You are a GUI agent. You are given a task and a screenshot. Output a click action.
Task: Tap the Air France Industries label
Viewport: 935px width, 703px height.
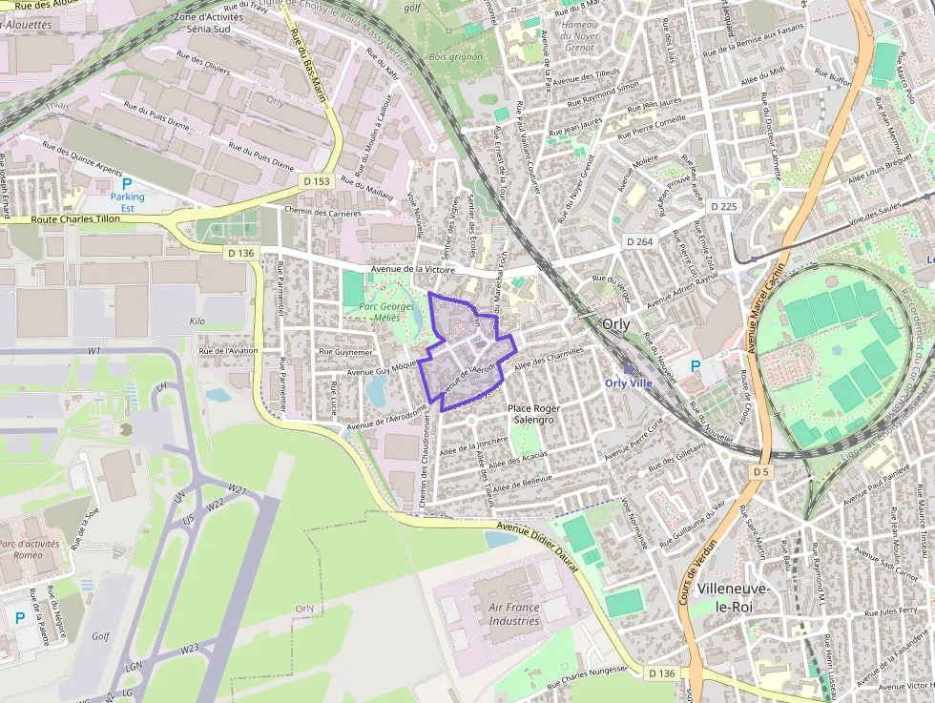(x=514, y=613)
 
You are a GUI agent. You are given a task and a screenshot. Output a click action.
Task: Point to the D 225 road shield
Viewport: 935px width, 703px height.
(x=724, y=206)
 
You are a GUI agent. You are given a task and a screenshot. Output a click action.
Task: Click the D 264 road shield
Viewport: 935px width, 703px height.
(x=639, y=241)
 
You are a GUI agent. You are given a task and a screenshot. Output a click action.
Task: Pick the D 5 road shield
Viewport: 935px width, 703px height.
(x=760, y=471)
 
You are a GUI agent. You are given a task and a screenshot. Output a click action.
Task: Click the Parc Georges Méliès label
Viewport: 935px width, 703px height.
(x=387, y=312)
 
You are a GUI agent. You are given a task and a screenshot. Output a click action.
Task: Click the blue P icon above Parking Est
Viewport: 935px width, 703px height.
(x=127, y=183)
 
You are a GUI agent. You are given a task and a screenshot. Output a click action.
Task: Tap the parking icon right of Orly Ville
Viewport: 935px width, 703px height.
(x=695, y=365)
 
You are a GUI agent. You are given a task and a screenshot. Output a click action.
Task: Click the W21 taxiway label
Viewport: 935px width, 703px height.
(x=238, y=490)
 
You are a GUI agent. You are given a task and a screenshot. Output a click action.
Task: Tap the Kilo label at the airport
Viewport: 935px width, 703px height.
(x=197, y=321)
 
